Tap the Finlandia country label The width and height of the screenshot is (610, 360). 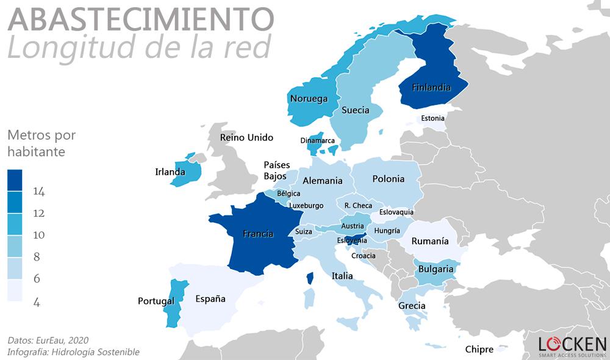tap(431, 87)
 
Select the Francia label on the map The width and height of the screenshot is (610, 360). tap(257, 234)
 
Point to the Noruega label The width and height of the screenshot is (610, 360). tap(309, 99)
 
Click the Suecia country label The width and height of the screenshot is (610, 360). tap(355, 110)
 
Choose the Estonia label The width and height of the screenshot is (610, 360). tap(432, 118)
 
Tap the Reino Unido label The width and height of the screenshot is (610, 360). tap(246, 138)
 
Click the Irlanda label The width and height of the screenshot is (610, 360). tap(170, 172)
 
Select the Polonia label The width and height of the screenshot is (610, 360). tap(388, 179)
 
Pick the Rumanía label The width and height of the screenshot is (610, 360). tap(429, 241)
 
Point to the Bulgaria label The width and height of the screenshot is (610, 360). tap(436, 269)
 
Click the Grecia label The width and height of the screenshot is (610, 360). tap(412, 306)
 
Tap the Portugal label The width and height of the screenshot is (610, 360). tap(156, 301)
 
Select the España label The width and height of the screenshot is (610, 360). tap(210, 299)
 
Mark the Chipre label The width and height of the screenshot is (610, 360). tap(479, 350)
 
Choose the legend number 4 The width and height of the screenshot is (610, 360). tap(37, 301)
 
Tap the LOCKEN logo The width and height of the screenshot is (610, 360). tap(572, 345)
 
